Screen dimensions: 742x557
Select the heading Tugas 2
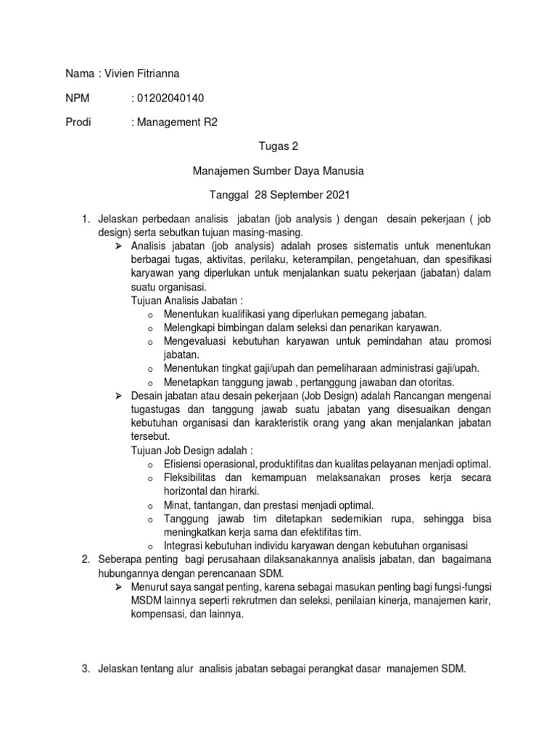click(278, 146)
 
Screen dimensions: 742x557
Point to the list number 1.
click(84, 219)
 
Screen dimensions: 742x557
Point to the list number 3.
click(84, 670)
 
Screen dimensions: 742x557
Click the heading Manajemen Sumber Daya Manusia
click(278, 171)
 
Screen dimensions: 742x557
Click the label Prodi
click(79, 122)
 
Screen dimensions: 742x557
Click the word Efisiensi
click(186, 463)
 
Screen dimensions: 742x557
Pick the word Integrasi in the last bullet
click(186, 545)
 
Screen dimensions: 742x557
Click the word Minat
click(177, 504)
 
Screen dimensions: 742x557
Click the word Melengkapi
click(191, 328)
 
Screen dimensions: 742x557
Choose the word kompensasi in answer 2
click(158, 614)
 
